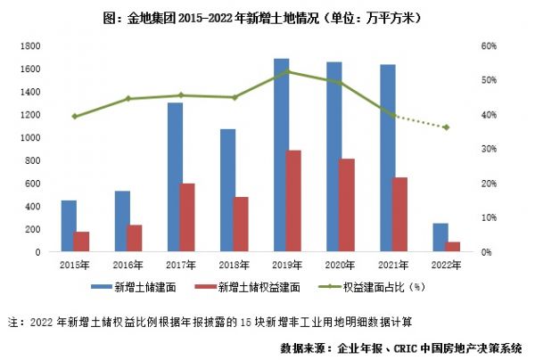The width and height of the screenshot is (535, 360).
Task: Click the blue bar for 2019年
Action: [281, 155]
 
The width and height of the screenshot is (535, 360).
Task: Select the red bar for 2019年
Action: [292, 201]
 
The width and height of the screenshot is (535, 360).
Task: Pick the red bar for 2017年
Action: [186, 217]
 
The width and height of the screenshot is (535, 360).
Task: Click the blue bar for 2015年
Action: [68, 226]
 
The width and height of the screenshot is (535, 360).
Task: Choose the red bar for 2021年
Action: [399, 215]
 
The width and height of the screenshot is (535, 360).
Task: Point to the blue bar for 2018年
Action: [227, 191]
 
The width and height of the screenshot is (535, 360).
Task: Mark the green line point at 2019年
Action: [286, 71]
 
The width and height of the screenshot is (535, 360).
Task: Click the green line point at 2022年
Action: [446, 127]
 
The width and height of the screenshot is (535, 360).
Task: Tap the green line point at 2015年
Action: [75, 116]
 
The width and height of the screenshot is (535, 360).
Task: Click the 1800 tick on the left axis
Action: [29, 45]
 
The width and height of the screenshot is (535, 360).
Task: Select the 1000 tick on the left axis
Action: [29, 137]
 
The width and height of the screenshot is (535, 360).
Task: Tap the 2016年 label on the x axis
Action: [128, 265]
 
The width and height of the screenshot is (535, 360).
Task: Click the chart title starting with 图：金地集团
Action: [267, 17]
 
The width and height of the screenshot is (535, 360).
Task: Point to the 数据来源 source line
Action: [400, 347]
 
